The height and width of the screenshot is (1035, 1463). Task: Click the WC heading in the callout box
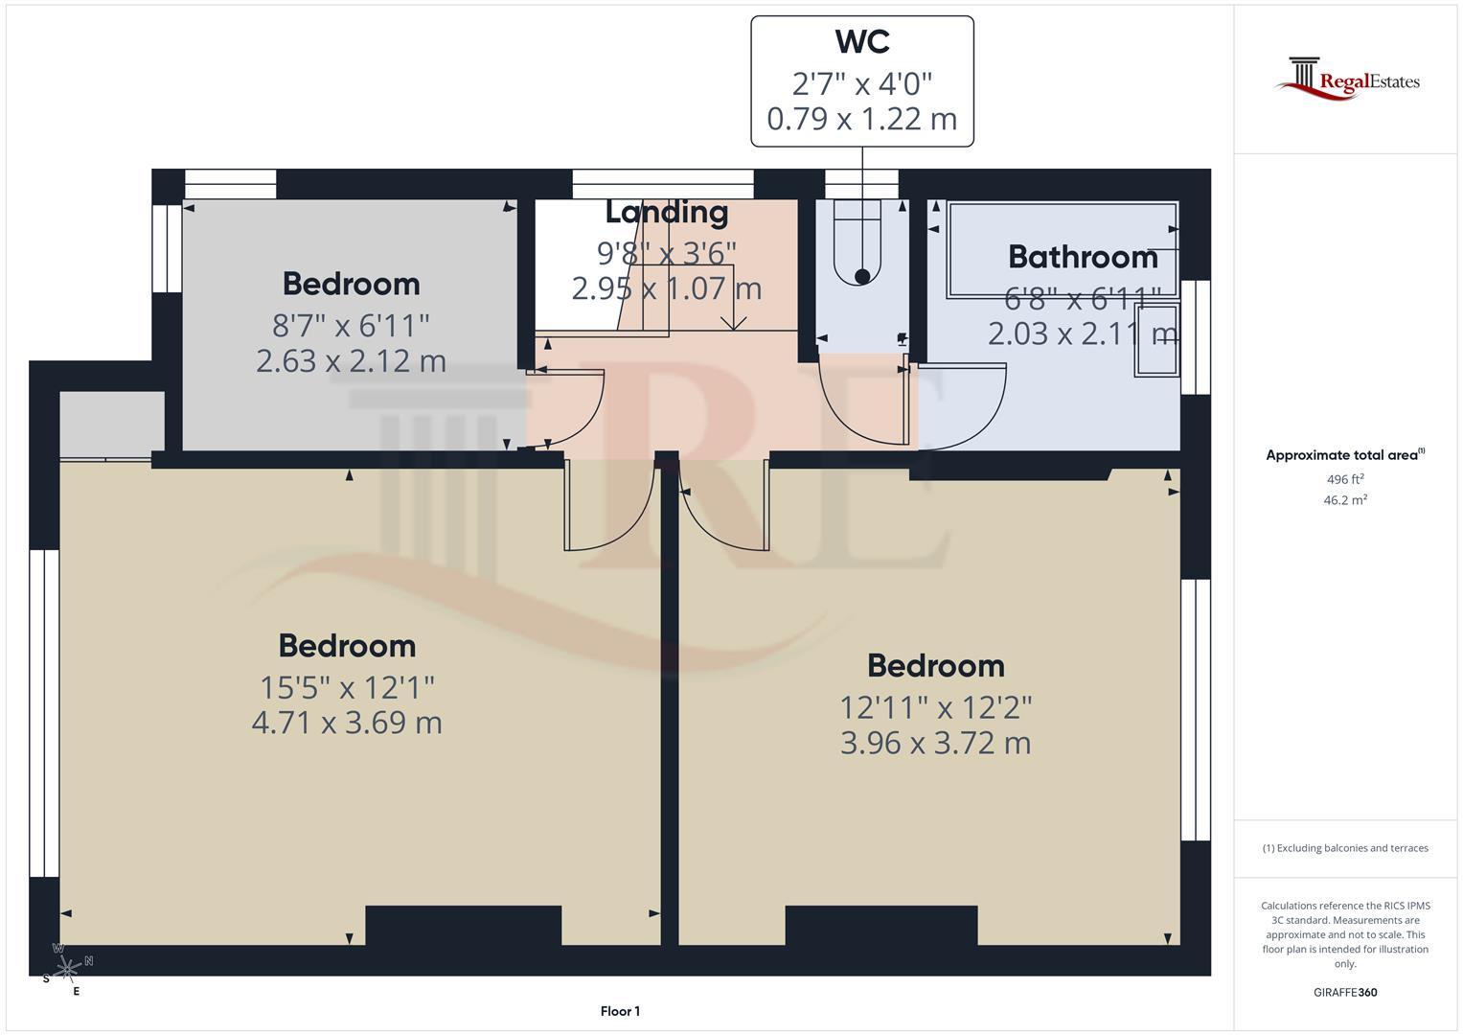click(861, 42)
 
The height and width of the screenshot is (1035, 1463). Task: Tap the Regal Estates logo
click(1347, 80)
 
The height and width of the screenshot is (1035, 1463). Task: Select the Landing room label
click(667, 212)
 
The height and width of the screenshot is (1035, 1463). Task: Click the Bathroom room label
click(1083, 257)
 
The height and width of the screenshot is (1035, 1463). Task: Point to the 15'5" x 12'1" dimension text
click(347, 687)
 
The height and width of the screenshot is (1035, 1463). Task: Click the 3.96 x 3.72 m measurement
click(935, 744)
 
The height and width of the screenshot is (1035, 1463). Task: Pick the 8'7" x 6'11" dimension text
click(351, 326)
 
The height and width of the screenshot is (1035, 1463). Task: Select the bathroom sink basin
click(1156, 340)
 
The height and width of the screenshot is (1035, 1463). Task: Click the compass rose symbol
click(67, 970)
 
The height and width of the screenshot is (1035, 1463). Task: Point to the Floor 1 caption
click(620, 1011)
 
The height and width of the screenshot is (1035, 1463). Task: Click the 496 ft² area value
click(1345, 479)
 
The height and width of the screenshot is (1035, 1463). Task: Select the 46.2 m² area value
click(1345, 500)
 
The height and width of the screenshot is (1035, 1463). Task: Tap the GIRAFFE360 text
click(1345, 993)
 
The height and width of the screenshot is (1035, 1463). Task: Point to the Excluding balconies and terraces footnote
click(1345, 848)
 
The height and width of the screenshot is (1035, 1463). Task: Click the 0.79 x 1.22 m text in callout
click(861, 119)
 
